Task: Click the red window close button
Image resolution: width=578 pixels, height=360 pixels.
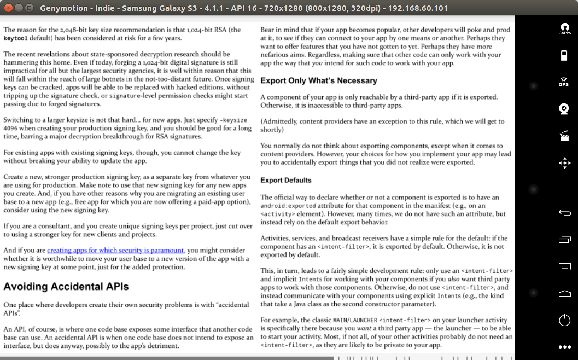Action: tap(8, 8)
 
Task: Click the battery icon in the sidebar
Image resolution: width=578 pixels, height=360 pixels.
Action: tap(564, 55)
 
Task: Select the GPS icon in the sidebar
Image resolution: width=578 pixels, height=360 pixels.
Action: tap(564, 82)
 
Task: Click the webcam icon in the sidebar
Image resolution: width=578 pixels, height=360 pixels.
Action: tap(564, 108)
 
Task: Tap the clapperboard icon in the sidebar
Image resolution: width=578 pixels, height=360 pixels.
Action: tap(564, 136)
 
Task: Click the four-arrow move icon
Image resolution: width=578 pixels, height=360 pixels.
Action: tap(564, 163)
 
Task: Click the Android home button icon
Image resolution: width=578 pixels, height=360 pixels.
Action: tap(564, 294)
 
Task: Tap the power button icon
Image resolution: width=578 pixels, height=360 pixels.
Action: tap(564, 320)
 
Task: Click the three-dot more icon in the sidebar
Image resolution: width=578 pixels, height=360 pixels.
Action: tap(564, 347)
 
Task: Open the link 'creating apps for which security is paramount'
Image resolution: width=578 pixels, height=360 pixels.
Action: tap(115, 251)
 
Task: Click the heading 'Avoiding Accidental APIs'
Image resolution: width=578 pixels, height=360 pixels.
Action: tap(66, 286)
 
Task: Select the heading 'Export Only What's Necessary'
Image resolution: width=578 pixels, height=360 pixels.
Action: tap(319, 80)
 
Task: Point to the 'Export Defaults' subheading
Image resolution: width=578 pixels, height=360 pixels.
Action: tap(286, 180)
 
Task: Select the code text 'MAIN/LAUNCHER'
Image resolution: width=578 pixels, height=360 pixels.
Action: tap(348, 320)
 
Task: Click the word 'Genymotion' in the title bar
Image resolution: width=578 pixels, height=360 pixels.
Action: tap(61, 8)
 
